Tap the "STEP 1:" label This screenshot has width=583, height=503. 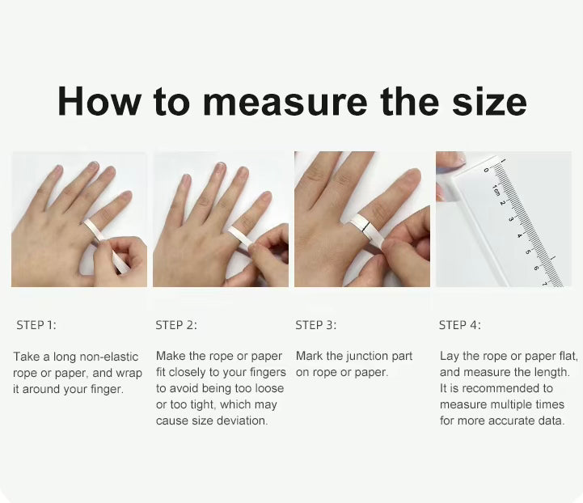[x=36, y=325]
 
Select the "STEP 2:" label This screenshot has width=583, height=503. [x=176, y=325]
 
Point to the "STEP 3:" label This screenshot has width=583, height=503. [x=316, y=325]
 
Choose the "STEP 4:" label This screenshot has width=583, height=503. [x=460, y=325]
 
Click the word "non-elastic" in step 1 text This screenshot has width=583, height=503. [x=108, y=357]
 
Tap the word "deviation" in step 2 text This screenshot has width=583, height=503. [x=241, y=421]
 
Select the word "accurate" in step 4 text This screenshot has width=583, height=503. [x=506, y=421]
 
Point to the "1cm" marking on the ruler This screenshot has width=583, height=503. [x=496, y=192]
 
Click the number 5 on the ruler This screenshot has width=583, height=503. [x=527, y=251]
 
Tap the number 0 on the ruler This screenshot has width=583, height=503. [x=486, y=171]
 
